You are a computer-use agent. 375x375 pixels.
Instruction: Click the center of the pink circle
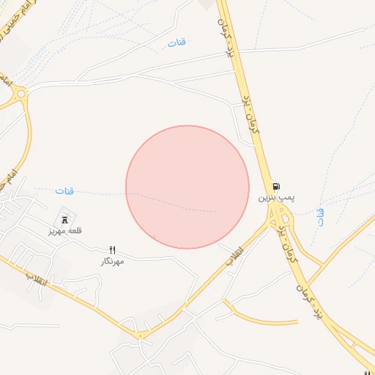click(x=187, y=187)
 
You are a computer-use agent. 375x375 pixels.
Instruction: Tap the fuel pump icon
click(x=276, y=186)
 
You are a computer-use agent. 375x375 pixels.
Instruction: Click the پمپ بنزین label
click(x=275, y=198)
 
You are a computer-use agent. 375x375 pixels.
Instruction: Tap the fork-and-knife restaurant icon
click(x=113, y=250)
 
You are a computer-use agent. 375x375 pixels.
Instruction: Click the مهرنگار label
click(x=113, y=261)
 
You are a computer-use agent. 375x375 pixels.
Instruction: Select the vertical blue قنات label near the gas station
click(x=319, y=217)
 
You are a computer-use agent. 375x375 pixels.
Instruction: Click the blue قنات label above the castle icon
click(x=64, y=191)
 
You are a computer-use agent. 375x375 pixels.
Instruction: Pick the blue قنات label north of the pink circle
click(x=177, y=42)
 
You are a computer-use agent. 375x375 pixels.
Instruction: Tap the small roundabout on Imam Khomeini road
click(x=20, y=93)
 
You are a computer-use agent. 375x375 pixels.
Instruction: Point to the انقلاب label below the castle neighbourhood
click(x=37, y=279)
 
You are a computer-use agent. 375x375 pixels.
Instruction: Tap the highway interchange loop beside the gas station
click(x=281, y=215)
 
